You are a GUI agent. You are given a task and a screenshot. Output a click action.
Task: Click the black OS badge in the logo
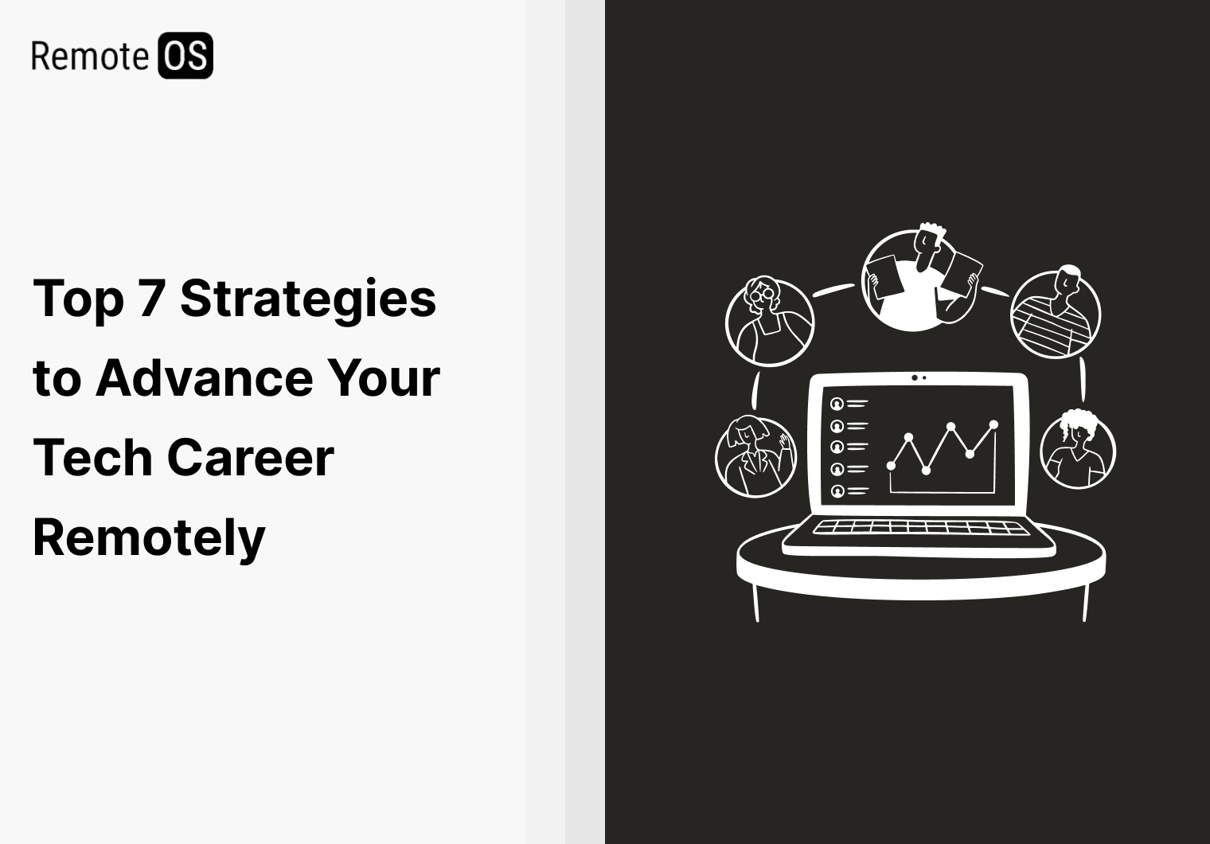click(185, 56)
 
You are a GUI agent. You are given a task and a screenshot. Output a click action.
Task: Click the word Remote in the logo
click(89, 56)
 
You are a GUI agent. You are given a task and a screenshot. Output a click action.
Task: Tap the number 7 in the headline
click(151, 299)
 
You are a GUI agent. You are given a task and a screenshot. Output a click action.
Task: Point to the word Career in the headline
click(250, 458)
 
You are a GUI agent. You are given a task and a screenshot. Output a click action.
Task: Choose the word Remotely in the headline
click(149, 537)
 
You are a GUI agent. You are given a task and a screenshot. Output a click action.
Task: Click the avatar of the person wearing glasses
click(770, 321)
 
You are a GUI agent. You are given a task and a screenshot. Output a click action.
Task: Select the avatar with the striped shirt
click(1056, 314)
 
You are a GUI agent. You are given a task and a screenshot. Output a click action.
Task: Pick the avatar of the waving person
click(755, 456)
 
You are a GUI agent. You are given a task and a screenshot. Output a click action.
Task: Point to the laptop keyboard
click(918, 527)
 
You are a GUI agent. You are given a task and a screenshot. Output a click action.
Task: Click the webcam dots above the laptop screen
click(919, 377)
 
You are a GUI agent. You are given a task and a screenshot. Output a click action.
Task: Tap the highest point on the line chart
click(993, 424)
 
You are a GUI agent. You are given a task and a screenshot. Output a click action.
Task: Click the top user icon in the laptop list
click(837, 404)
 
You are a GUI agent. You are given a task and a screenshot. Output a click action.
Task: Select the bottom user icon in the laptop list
click(837, 491)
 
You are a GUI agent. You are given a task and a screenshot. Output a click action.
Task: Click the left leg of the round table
click(755, 601)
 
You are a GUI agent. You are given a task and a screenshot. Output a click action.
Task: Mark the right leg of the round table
click(1085, 601)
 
